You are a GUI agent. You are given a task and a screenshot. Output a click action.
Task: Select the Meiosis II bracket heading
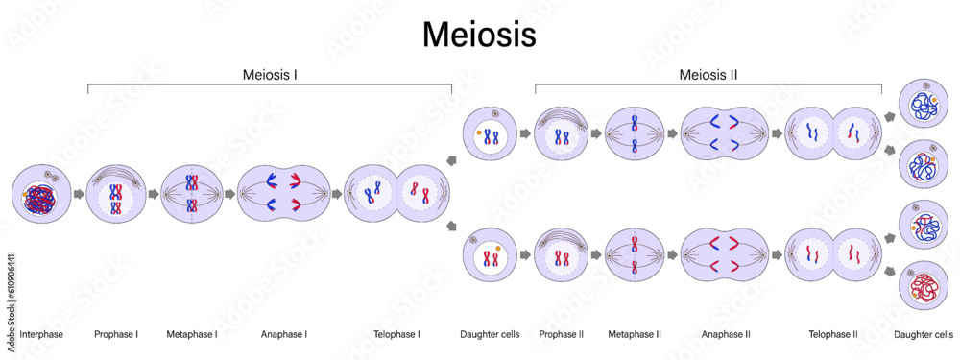[708, 74]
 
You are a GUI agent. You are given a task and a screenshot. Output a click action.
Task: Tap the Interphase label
[40, 334]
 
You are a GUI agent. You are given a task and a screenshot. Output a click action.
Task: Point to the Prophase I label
[116, 334]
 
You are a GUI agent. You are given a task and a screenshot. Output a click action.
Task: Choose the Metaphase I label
[192, 334]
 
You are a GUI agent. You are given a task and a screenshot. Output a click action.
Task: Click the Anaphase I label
[284, 334]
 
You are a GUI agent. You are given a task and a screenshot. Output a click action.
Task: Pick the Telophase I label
[397, 334]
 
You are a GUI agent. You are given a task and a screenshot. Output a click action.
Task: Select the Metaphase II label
[635, 334]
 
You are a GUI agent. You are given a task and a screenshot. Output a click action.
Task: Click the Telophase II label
[831, 334]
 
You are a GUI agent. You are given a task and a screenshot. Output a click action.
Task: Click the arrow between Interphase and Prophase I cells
[79, 194]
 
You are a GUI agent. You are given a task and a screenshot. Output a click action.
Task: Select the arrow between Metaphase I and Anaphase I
[229, 194]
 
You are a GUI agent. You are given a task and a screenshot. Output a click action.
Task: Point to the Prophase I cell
[115, 194]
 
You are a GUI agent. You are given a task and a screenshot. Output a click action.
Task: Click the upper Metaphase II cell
[635, 134]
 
